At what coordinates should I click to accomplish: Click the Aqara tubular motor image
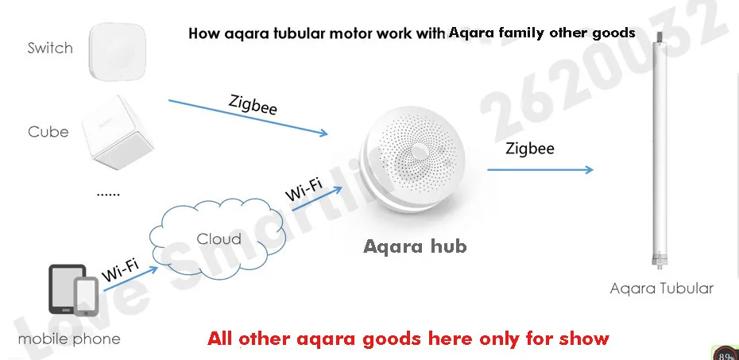click(x=659, y=150)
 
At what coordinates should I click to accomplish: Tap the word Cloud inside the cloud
click(x=219, y=239)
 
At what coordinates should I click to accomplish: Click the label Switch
click(x=49, y=48)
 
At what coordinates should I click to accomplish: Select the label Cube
click(x=48, y=132)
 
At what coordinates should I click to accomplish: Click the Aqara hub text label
click(x=415, y=246)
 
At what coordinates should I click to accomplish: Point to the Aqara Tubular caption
click(x=661, y=288)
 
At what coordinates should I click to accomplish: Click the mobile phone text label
click(x=69, y=339)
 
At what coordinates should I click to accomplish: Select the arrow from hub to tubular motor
click(x=540, y=168)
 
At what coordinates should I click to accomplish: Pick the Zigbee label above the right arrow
click(x=530, y=149)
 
